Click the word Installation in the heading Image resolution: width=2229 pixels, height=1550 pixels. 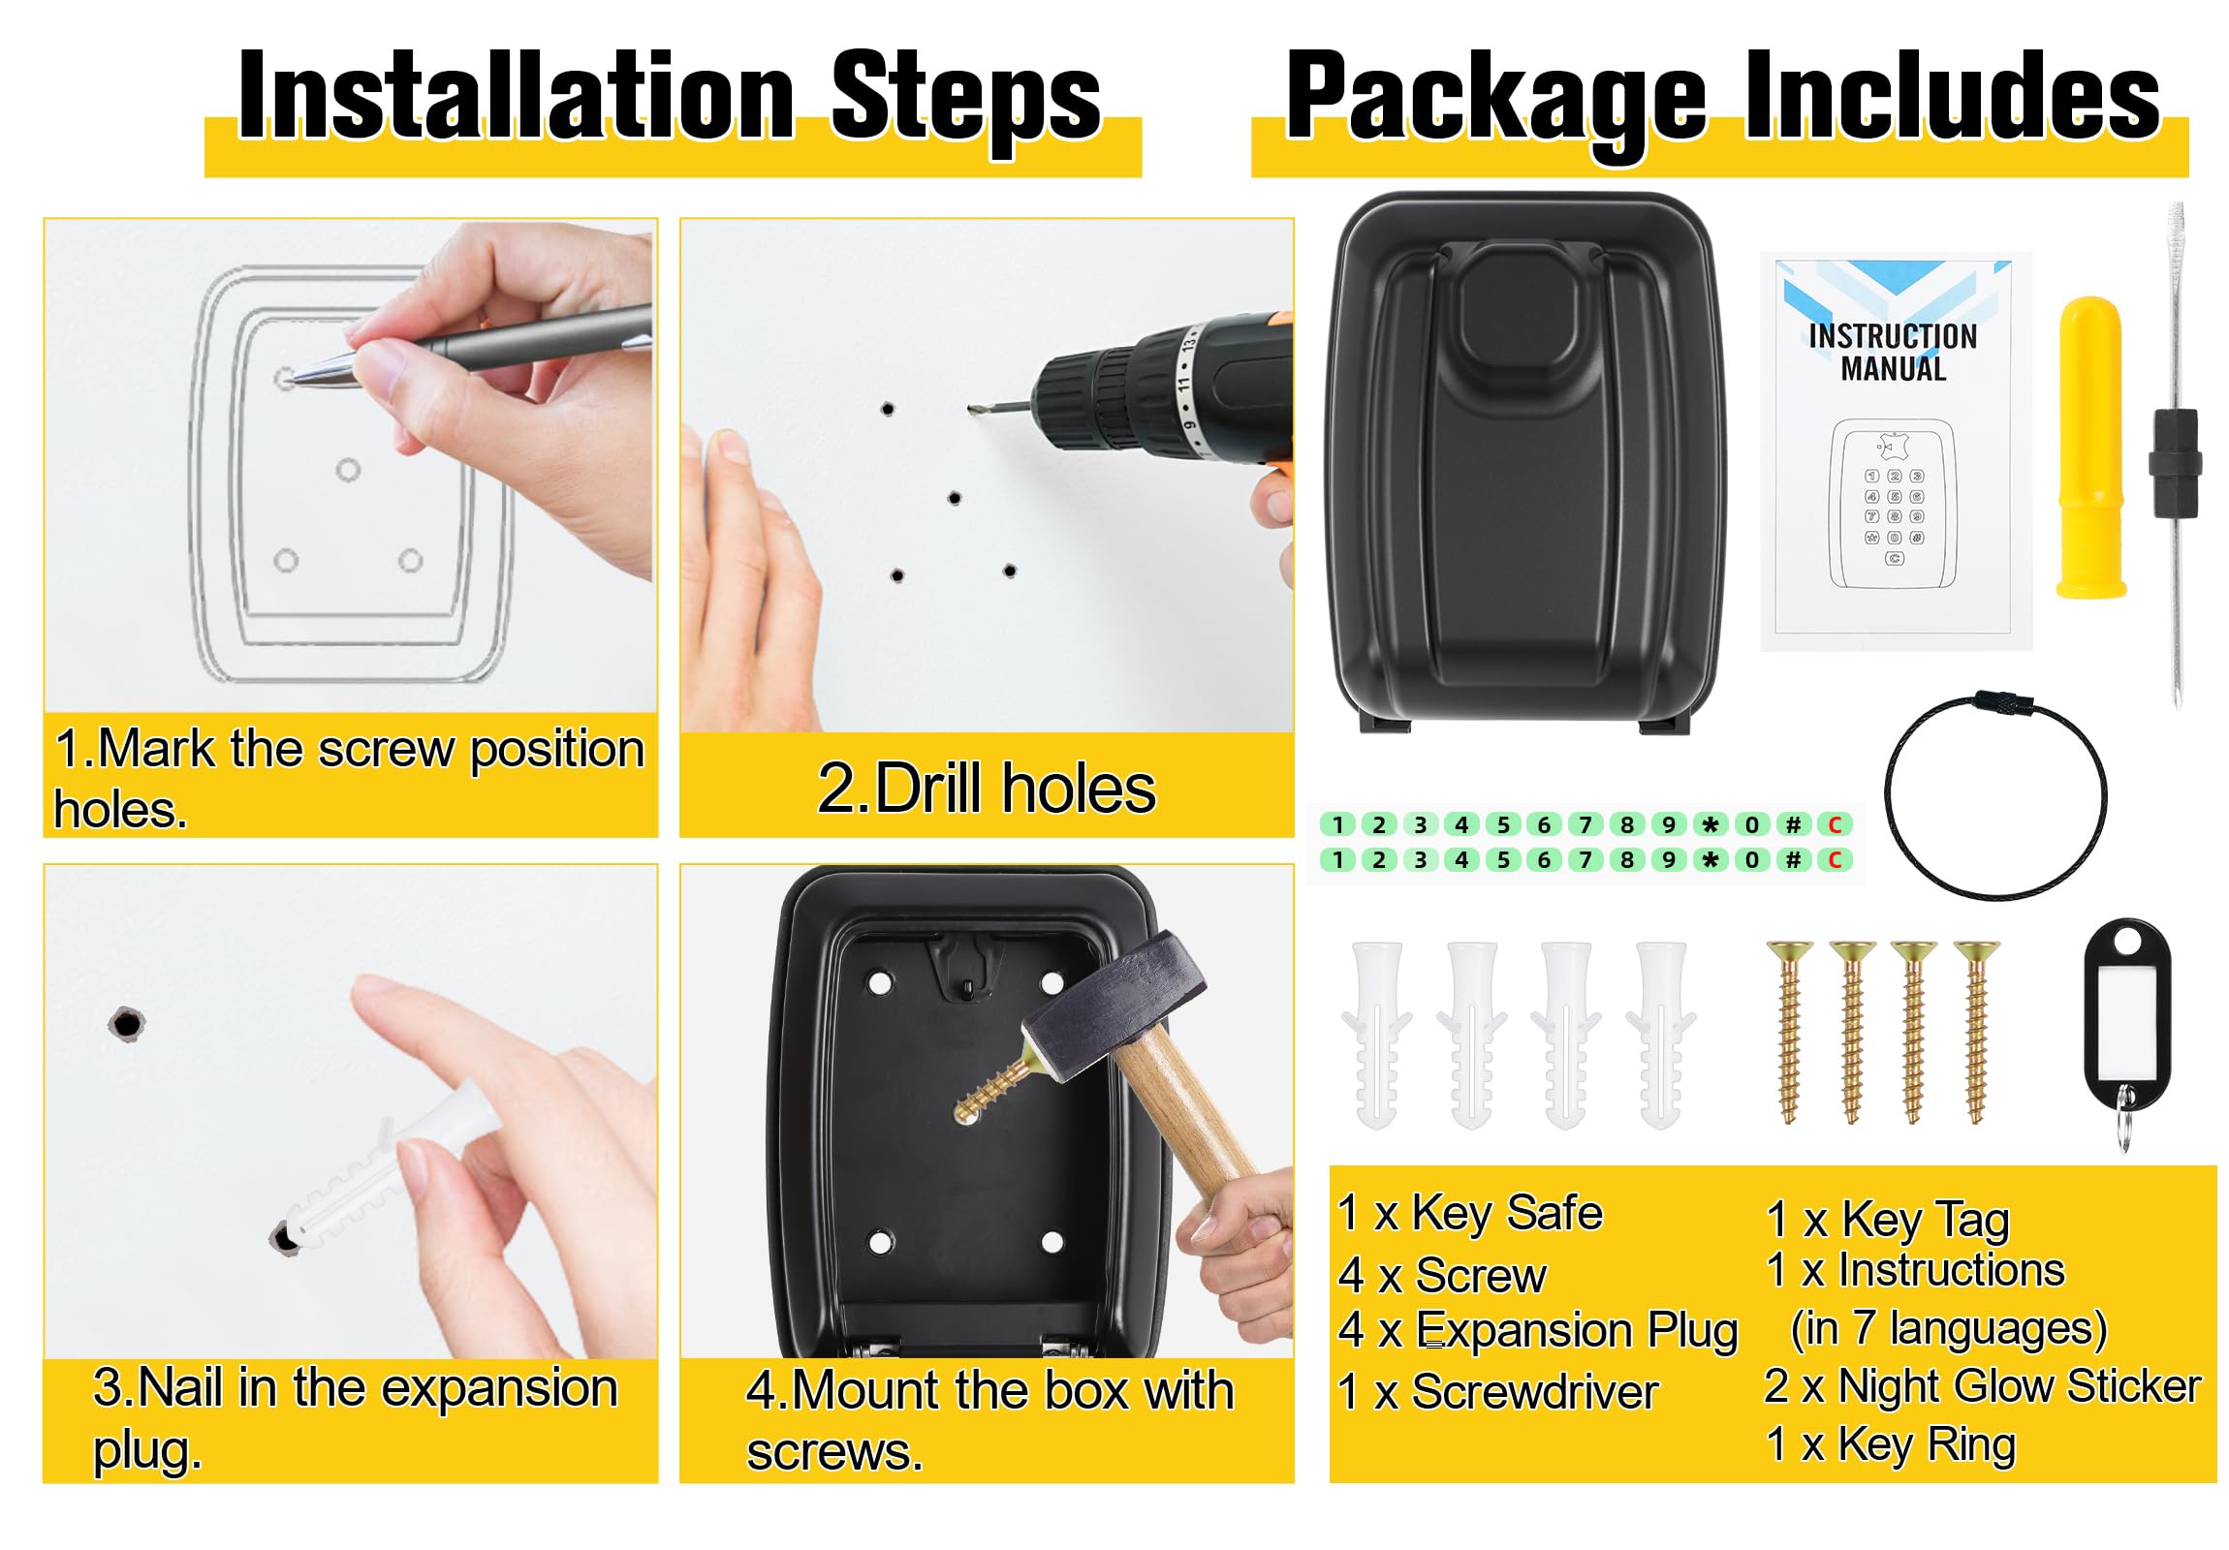(517, 94)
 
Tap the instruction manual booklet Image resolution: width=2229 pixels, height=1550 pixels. (1895, 451)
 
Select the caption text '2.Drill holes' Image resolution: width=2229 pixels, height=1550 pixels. (987, 788)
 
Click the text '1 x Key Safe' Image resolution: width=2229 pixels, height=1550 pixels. (1470, 1213)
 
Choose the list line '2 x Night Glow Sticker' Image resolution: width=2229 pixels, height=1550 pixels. (1983, 1386)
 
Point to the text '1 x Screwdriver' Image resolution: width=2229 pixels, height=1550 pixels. (1498, 1392)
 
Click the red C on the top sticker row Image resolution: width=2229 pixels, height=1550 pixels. (1835, 825)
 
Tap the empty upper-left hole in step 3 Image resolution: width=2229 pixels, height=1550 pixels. (126, 1024)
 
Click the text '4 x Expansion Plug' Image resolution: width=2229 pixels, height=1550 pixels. (1538, 1331)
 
